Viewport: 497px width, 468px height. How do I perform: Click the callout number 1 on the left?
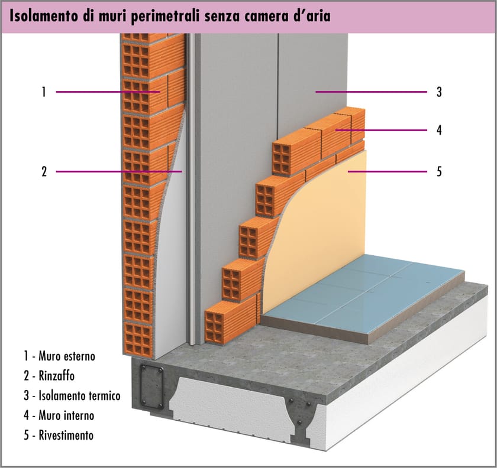click(43, 92)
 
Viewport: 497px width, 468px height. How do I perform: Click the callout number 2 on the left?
click(43, 172)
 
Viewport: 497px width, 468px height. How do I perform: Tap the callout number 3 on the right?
click(439, 92)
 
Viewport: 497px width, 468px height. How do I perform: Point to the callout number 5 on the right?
click(439, 172)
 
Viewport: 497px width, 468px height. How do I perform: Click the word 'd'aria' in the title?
click(307, 16)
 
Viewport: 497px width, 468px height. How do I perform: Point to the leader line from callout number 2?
click(118, 172)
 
